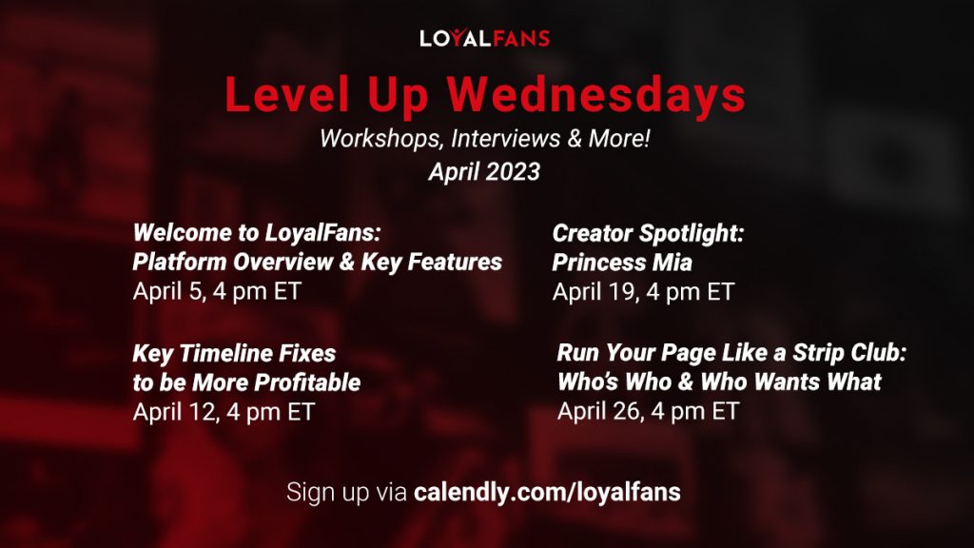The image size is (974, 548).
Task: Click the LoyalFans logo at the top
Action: (485, 39)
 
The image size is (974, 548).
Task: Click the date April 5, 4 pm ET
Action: (216, 291)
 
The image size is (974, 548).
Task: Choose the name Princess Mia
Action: (621, 262)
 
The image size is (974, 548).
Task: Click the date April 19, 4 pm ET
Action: (643, 291)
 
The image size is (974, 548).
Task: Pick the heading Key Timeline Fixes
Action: (234, 353)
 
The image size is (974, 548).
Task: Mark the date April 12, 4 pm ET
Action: (223, 412)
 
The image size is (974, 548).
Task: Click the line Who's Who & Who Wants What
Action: (719, 382)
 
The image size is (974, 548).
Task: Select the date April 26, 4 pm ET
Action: (648, 412)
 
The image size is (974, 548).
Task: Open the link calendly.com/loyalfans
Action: (547, 493)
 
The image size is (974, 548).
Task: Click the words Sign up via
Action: (346, 493)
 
